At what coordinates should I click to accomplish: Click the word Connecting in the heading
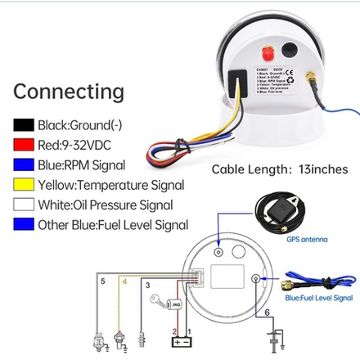click(x=69, y=90)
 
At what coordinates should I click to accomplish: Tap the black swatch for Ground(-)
click(x=23, y=127)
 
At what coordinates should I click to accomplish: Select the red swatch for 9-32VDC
click(x=23, y=146)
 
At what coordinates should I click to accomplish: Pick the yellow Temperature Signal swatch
click(x=23, y=186)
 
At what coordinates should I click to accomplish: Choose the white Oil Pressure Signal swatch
click(x=23, y=205)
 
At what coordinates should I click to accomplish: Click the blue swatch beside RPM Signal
click(x=23, y=166)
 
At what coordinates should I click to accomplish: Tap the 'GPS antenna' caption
click(x=307, y=241)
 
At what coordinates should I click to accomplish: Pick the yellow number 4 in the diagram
click(x=124, y=282)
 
